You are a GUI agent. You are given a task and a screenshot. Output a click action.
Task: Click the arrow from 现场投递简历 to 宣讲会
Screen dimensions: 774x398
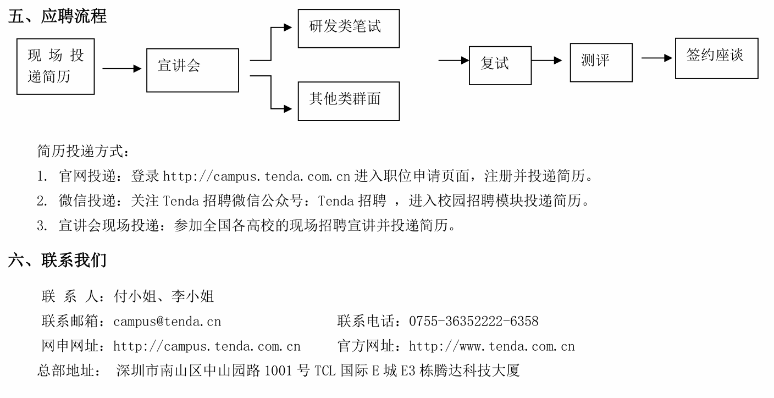point(122,69)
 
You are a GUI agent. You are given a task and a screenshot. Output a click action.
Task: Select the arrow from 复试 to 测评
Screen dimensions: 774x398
point(547,60)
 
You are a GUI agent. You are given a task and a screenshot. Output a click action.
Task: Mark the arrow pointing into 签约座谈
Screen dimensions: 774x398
point(657,58)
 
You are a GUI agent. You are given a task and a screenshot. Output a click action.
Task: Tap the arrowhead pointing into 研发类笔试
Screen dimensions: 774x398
point(288,27)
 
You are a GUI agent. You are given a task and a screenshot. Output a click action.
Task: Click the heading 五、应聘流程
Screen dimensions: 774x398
point(57,16)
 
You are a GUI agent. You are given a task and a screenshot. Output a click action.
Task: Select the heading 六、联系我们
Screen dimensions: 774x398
point(57,260)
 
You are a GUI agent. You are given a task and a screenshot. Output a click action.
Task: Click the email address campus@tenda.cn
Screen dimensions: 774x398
point(167,322)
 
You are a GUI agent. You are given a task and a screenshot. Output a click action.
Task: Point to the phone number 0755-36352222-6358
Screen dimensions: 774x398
point(474,321)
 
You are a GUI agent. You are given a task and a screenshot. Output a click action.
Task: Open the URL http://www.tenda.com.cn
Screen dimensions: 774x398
point(491,346)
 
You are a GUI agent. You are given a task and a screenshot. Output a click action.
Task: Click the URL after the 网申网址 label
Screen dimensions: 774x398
point(207,346)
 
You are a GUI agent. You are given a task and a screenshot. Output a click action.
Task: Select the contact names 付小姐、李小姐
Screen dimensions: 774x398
point(164,296)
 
